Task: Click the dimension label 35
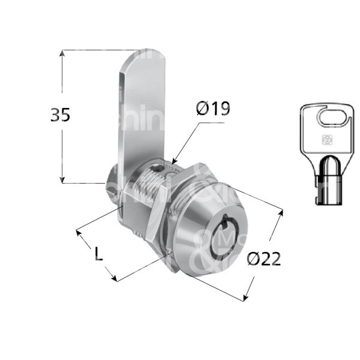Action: pyautogui.click(x=60, y=114)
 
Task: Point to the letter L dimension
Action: pyautogui.click(x=99, y=254)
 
